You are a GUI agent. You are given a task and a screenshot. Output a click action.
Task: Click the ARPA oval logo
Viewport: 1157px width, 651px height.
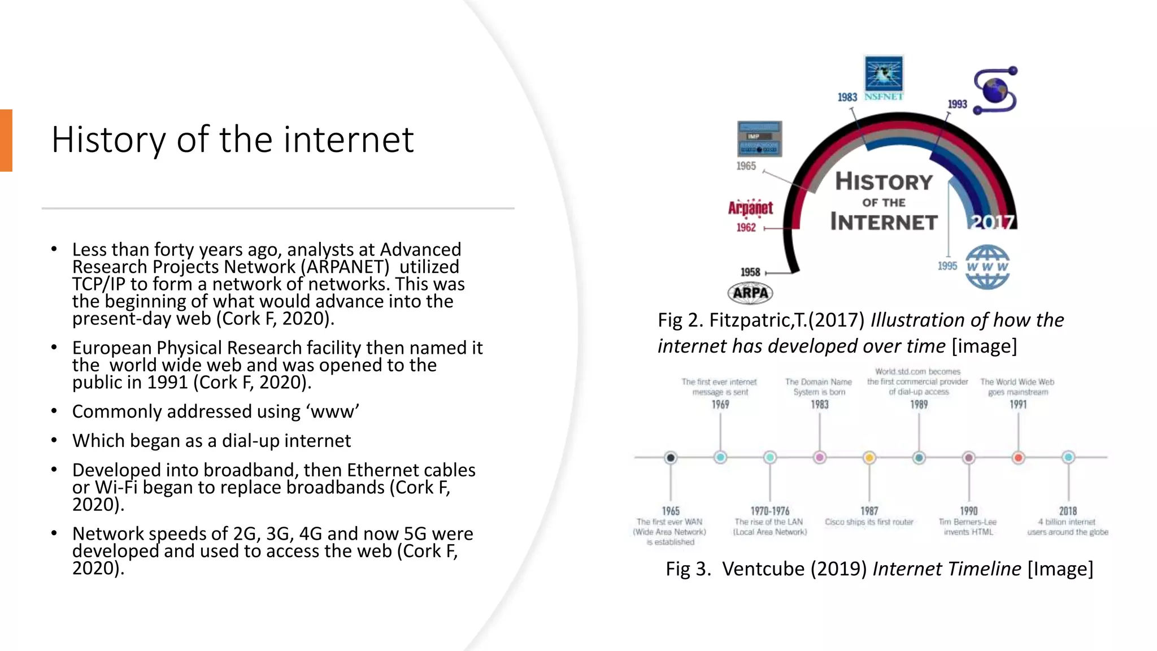(750, 293)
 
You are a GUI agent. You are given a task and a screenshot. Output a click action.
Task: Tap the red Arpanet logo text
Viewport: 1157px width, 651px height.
(750, 208)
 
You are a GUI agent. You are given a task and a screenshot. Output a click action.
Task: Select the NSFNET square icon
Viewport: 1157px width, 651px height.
(884, 74)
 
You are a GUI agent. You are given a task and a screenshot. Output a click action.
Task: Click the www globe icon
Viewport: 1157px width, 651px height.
(987, 267)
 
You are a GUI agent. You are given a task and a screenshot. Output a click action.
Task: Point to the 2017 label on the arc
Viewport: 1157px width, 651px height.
(992, 222)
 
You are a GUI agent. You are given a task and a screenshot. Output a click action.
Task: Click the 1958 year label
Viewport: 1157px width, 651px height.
(750, 272)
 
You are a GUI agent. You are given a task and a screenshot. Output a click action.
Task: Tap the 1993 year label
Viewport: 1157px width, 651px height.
(957, 104)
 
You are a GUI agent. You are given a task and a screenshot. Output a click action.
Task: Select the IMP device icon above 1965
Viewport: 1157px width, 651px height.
(759, 139)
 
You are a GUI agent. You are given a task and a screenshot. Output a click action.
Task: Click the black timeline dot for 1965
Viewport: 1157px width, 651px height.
(671, 458)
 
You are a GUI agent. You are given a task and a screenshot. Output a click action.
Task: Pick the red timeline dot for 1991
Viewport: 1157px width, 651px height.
(1018, 458)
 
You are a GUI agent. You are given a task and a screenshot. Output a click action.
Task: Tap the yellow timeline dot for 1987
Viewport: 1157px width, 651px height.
(869, 458)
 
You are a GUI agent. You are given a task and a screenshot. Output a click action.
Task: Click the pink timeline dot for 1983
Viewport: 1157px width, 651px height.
(820, 458)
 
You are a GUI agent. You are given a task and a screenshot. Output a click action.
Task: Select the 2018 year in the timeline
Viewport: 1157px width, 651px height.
(1068, 511)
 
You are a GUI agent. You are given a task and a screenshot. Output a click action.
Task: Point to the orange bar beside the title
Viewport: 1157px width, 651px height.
(6, 140)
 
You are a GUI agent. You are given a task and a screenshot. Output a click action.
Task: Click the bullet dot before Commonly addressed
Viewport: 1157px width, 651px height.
(54, 411)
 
